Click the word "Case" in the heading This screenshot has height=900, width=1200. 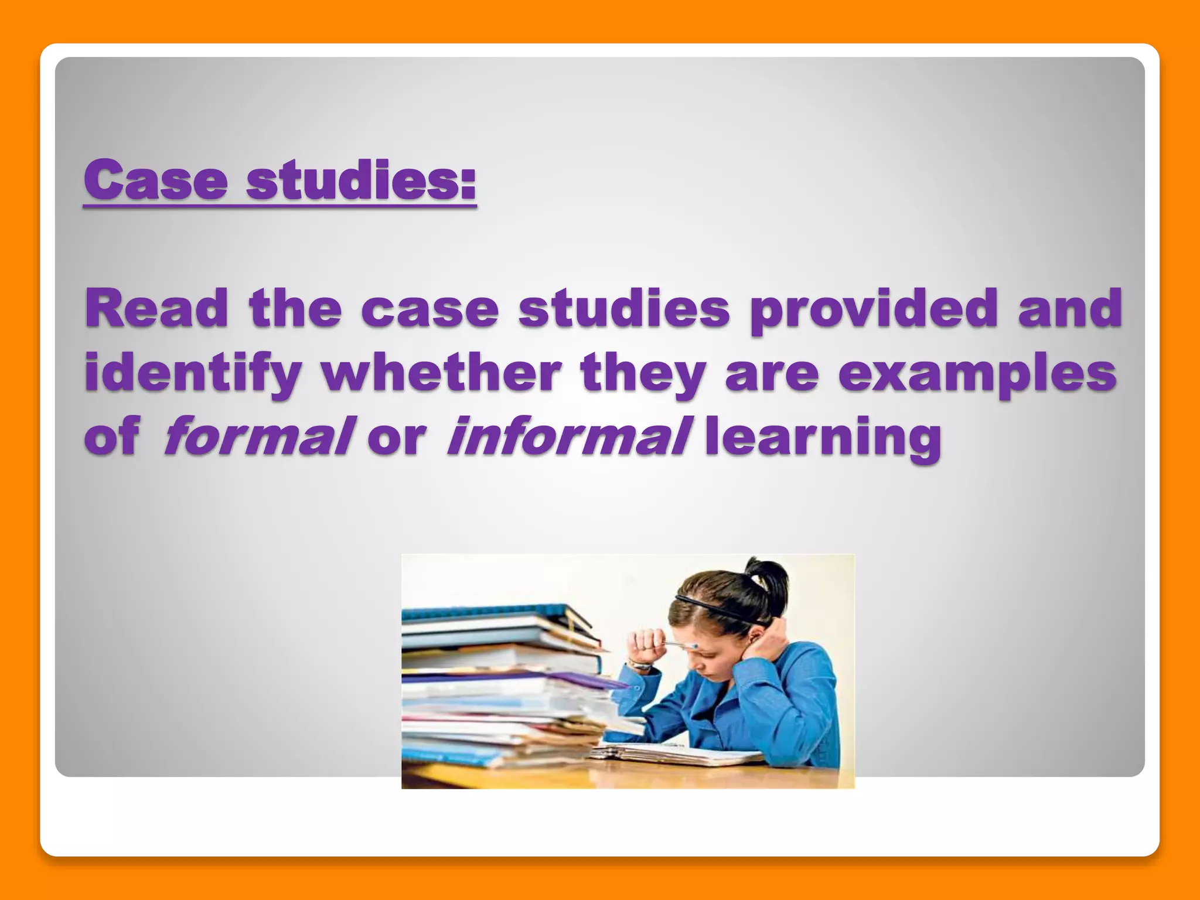coord(156,180)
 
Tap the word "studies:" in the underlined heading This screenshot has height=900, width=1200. coord(361,180)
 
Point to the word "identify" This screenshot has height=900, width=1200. coord(193,374)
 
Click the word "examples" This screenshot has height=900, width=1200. coord(977,374)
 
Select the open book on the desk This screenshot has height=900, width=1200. coord(680,753)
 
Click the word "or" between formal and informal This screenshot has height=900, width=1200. coord(397,437)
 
